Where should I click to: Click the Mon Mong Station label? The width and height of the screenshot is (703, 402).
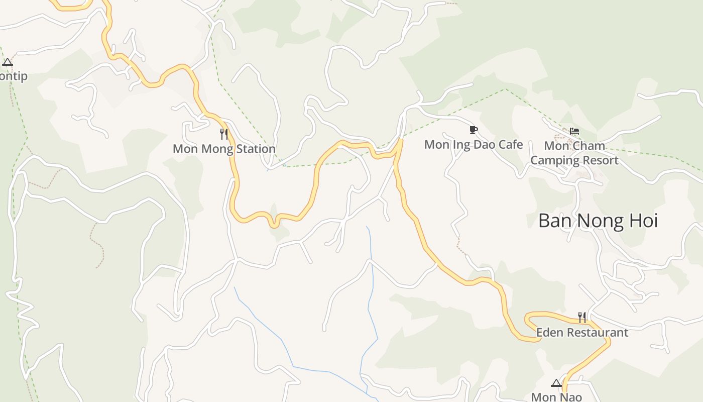tap(224, 149)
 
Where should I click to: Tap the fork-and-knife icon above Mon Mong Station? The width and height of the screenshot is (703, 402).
tap(224, 134)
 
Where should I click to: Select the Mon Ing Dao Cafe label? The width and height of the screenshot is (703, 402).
tap(474, 145)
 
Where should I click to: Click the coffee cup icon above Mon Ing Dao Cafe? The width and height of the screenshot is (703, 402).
tap(473, 130)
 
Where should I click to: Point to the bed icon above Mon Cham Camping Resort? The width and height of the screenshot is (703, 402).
tap(574, 131)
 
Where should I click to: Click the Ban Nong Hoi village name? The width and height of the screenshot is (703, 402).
tap(598, 221)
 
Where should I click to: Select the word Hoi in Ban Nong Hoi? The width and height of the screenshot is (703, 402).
tap(642, 221)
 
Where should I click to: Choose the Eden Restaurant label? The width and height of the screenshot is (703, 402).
tap(582, 332)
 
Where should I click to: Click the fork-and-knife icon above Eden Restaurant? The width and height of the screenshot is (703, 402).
tap(582, 317)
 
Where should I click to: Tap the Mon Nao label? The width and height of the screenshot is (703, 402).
tap(556, 397)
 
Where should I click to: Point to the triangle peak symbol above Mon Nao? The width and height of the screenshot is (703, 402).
tap(556, 383)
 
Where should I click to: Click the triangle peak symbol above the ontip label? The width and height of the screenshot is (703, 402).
tap(7, 62)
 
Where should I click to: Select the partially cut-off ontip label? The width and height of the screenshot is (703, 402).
tap(14, 76)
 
